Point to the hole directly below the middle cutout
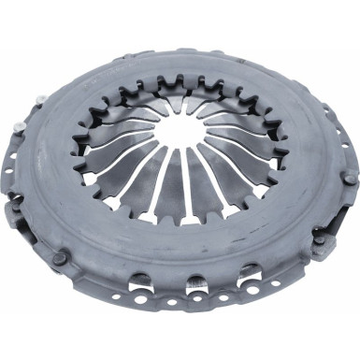tap(197, 308)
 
